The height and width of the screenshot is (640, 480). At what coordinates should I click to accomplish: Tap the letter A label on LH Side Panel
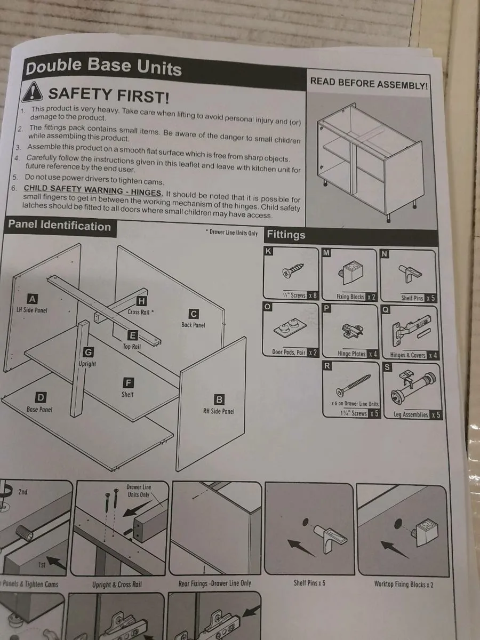coord(33,299)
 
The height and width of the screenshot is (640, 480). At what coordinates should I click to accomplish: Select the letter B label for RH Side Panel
coord(219,399)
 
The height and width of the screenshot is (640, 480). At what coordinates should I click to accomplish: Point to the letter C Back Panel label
coord(193,314)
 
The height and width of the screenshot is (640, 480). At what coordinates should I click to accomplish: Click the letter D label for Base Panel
coord(41,397)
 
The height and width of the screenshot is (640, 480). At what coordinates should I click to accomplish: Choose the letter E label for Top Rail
coord(133,335)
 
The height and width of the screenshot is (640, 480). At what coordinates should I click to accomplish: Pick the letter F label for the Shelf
coord(128,383)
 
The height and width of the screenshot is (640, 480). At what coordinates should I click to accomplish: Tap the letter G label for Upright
coord(87,353)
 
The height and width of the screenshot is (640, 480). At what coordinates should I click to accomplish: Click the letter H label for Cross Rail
coord(141,301)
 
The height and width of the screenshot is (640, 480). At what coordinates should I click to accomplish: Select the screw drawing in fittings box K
coord(293,270)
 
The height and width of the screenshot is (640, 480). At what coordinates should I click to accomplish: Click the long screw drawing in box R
coord(353,385)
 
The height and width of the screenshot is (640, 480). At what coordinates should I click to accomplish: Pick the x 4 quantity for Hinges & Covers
coord(432,355)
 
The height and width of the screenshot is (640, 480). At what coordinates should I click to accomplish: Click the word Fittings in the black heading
coord(286,235)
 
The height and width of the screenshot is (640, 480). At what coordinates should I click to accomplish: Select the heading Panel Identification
coord(59,226)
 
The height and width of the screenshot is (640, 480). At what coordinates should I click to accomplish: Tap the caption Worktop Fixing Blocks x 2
coord(404,584)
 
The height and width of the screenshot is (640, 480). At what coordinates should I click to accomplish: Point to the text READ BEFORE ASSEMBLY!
coord(369,83)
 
